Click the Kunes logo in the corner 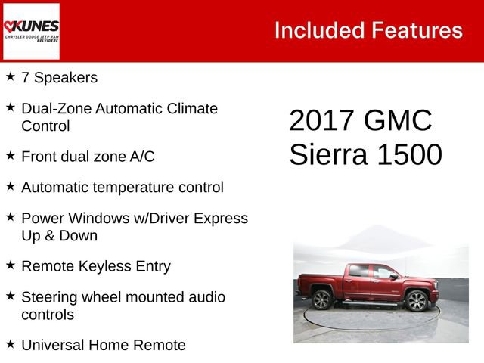coord(31,31)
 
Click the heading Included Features coord(368,30)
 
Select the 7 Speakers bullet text coord(59,77)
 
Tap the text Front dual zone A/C coord(88,157)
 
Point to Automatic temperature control coord(123,187)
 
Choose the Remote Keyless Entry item coord(96,266)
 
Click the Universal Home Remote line coord(104,345)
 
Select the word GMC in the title coord(399,121)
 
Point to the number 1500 coord(410,154)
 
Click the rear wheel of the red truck coord(322,300)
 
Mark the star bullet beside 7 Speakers coord(11,76)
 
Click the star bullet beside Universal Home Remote coord(11,344)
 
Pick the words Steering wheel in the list coord(67,297)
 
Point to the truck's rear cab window coord(359,271)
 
